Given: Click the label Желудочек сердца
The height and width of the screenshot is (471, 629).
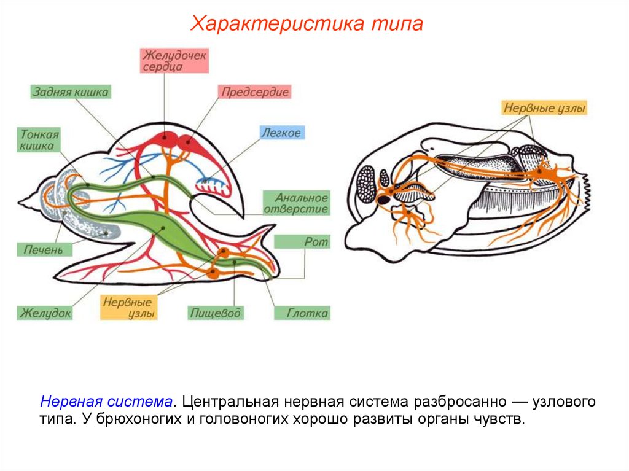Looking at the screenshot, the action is point(175,61).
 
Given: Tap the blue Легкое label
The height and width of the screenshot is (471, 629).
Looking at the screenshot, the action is point(281,133).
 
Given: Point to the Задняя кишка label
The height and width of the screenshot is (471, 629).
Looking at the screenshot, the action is point(71,92).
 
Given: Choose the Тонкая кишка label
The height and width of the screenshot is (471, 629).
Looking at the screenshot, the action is point(40,140).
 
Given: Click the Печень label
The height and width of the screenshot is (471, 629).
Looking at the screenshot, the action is point(44,249).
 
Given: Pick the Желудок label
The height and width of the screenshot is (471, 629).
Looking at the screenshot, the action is point(45,313).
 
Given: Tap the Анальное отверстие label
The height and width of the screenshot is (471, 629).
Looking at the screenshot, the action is point(297,203).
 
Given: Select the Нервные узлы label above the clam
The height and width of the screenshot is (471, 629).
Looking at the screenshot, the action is point(545,109).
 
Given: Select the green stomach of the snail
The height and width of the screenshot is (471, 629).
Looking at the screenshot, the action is point(163,228).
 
